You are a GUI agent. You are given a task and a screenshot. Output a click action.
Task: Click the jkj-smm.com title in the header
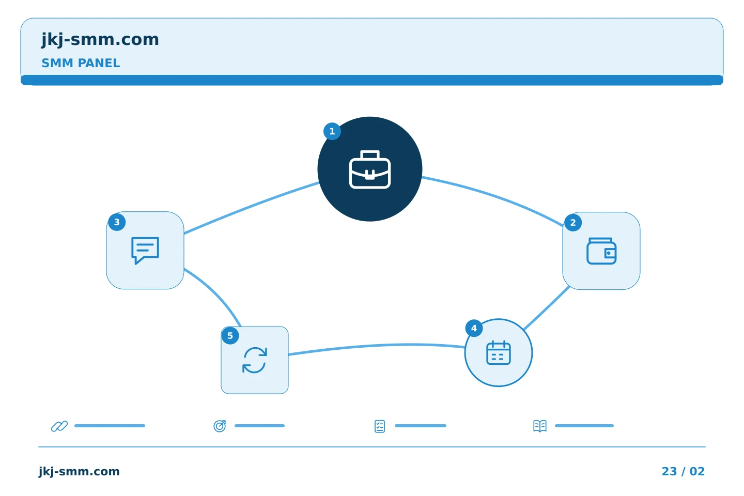pos(100,40)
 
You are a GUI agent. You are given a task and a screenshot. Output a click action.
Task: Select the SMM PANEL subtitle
pos(81,63)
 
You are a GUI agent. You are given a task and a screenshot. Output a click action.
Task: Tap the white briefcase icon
pos(370,169)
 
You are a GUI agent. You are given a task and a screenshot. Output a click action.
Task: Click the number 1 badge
pos(332,132)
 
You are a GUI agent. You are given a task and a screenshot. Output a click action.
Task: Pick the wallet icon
pos(601,251)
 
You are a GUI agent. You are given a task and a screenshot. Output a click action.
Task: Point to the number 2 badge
pos(573,223)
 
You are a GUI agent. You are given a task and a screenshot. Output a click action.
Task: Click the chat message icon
pos(145,251)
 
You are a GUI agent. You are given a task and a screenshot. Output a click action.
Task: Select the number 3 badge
pos(117,222)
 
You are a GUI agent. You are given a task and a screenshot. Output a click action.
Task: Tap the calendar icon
pos(498,353)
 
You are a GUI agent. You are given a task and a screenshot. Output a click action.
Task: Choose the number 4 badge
pos(474,329)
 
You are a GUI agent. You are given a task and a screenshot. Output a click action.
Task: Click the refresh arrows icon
pos(255,360)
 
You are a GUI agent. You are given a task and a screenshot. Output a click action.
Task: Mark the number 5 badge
pos(230,336)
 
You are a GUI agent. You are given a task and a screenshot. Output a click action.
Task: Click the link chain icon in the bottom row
pos(59,426)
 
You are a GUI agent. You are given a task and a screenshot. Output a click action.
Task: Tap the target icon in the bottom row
pos(220,426)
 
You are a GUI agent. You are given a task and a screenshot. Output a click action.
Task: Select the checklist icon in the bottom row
pos(380,426)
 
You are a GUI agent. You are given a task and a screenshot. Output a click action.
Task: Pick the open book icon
pos(540,426)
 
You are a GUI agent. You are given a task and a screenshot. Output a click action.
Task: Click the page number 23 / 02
pos(683,471)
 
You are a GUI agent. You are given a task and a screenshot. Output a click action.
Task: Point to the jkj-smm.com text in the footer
pos(79,471)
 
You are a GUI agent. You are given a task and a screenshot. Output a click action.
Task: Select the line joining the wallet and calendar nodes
pos(547,308)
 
